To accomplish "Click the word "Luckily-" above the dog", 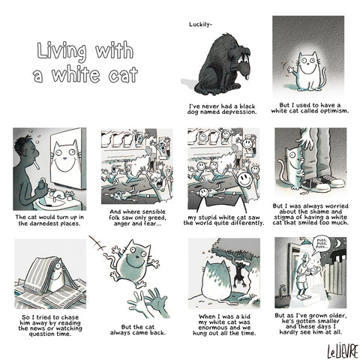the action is (x=200, y=25).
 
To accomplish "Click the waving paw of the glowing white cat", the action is (x=290, y=69).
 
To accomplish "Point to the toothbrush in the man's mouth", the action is (x=37, y=165).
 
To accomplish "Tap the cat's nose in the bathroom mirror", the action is (x=64, y=158).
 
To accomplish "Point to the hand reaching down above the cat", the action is (x=306, y=139).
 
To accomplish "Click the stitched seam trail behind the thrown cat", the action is (x=98, y=244).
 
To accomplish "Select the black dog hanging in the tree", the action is (x=240, y=274).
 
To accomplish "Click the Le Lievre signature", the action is (x=343, y=351).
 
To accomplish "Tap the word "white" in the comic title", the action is (x=76, y=74).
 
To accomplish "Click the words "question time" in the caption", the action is (x=50, y=334).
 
